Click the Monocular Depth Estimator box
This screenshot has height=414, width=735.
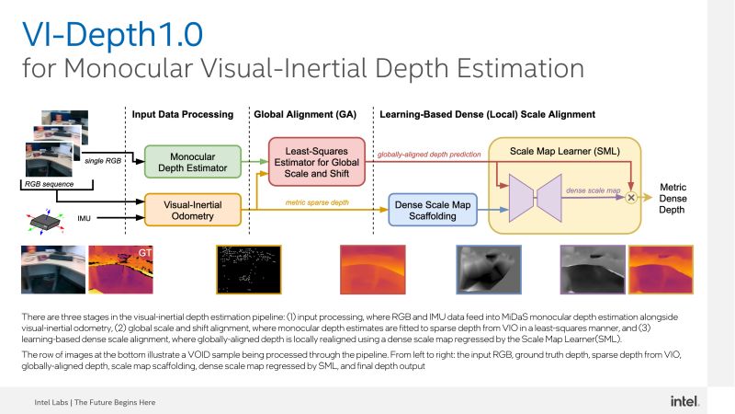[193, 162]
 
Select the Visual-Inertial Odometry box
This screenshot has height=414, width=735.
[193, 210]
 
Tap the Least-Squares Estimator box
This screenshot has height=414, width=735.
[317, 162]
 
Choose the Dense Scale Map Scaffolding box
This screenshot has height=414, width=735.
[433, 210]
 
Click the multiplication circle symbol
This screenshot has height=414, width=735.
[631, 198]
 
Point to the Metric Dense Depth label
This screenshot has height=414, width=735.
[673, 198]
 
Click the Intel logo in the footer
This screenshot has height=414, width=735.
[684, 401]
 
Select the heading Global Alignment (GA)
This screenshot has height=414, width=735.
[305, 114]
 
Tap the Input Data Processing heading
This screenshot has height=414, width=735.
[182, 114]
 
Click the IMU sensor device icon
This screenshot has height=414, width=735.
[45, 221]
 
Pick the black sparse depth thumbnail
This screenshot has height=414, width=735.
[248, 270]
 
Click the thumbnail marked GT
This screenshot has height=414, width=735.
[120, 270]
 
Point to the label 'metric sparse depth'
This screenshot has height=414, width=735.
[317, 202]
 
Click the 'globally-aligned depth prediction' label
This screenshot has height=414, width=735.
[429, 154]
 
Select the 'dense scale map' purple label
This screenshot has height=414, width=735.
[593, 190]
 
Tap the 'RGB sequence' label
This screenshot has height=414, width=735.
[49, 184]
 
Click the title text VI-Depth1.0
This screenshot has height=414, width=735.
[112, 34]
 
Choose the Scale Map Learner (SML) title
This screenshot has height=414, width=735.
[565, 151]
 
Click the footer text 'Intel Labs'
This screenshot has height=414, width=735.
[51, 402]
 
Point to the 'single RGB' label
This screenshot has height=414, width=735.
[103, 160]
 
